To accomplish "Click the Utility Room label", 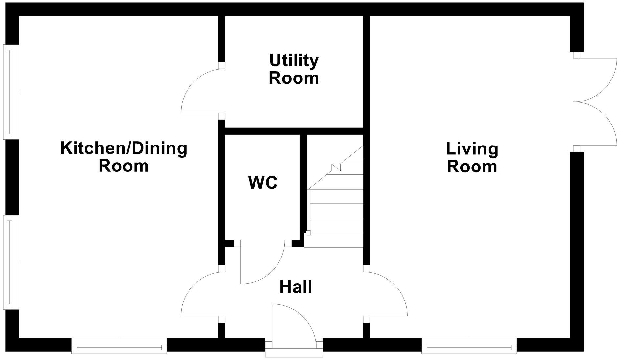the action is pyautogui.click(x=294, y=69).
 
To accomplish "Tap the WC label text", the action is pyautogui.click(x=263, y=183).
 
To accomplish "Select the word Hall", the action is pyautogui.click(x=296, y=287).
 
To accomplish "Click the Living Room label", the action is pyautogui.click(x=472, y=158).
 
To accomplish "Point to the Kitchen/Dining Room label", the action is pyautogui.click(x=124, y=157).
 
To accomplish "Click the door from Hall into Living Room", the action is pyautogui.click(x=386, y=294).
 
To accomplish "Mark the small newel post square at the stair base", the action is pyautogui.click(x=308, y=233).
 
